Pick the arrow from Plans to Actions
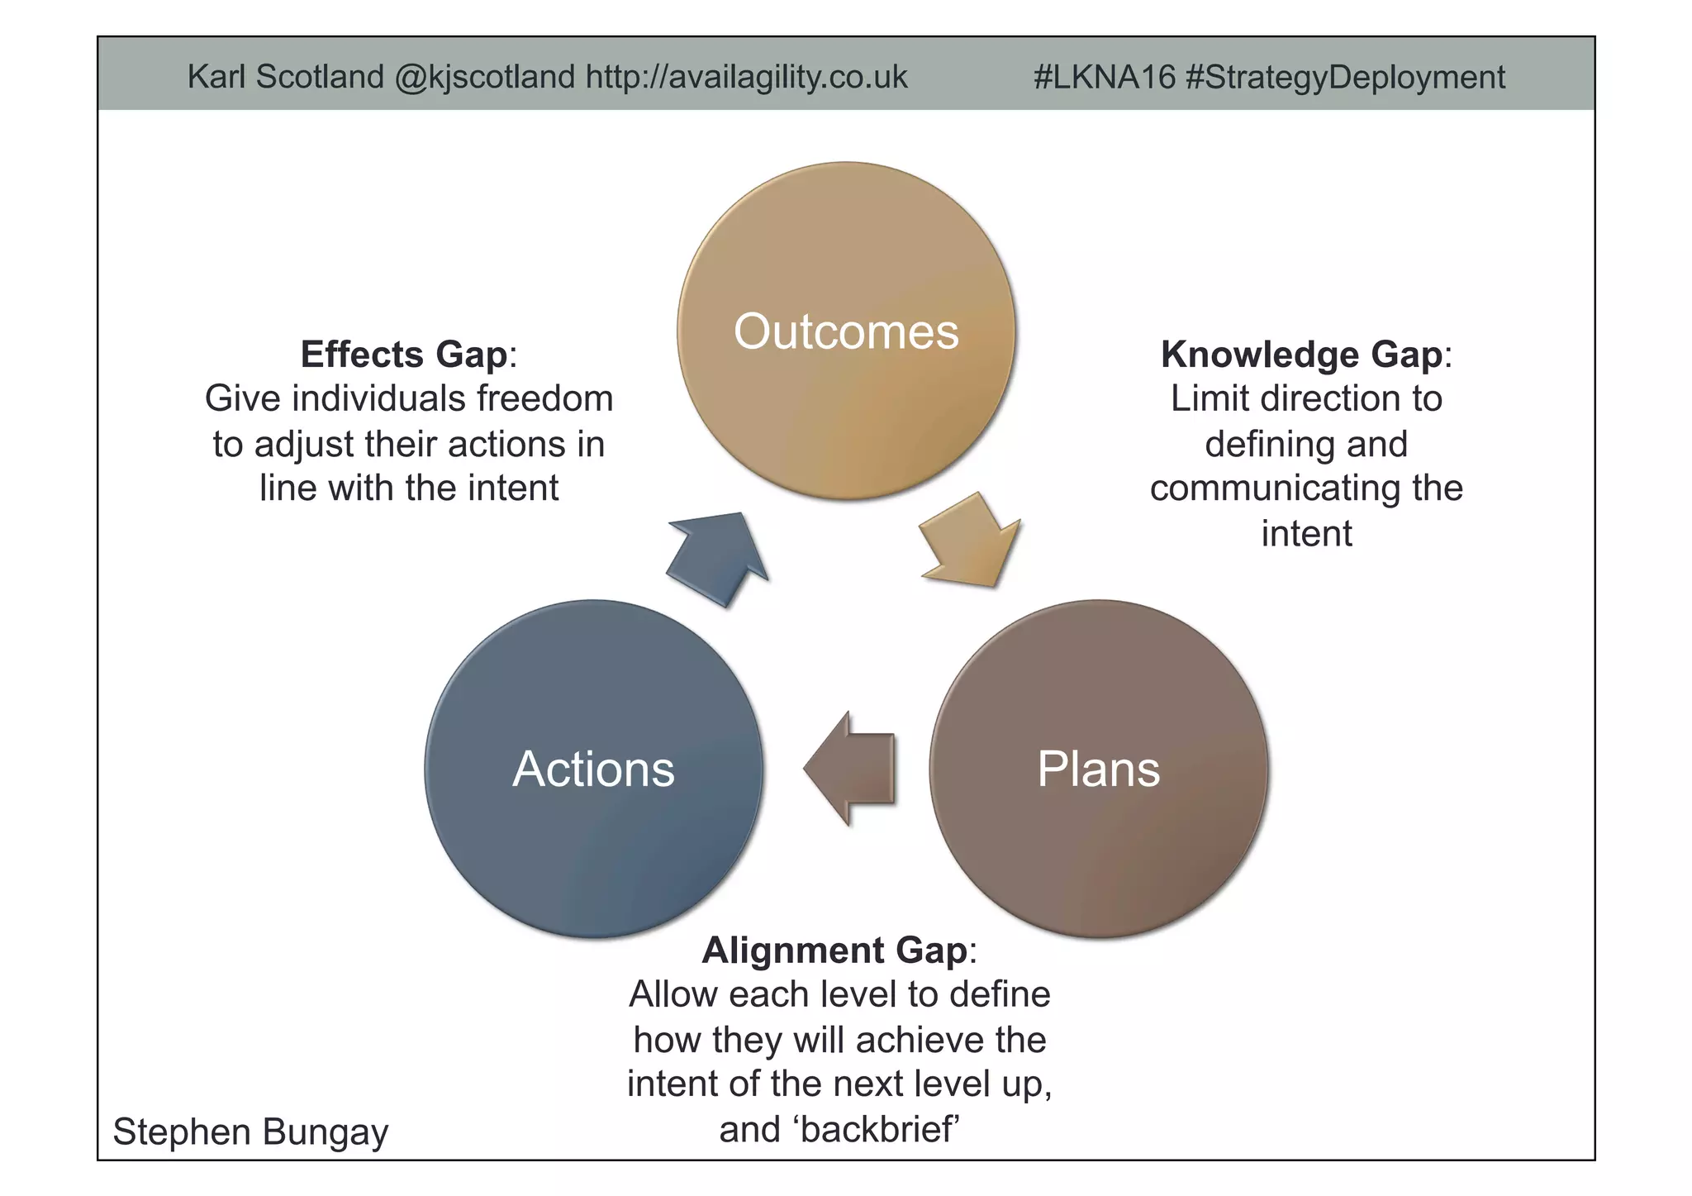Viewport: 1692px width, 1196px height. pyautogui.click(x=851, y=769)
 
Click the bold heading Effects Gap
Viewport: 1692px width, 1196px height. pyautogui.click(x=403, y=355)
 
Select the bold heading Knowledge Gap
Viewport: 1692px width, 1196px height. pyautogui.click(x=1301, y=355)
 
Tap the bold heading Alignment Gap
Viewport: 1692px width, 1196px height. pyautogui.click(x=834, y=951)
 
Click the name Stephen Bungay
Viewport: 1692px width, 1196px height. pyautogui.click(x=250, y=1132)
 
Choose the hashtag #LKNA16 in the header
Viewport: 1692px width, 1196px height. pyautogui.click(x=1104, y=77)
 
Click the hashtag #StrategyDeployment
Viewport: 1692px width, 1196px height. pyautogui.click(x=1345, y=77)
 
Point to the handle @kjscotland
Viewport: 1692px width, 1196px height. pyautogui.click(x=484, y=77)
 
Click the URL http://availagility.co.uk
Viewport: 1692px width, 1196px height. pyautogui.click(x=747, y=77)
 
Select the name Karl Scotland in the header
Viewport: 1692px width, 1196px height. pyautogui.click(x=286, y=77)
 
